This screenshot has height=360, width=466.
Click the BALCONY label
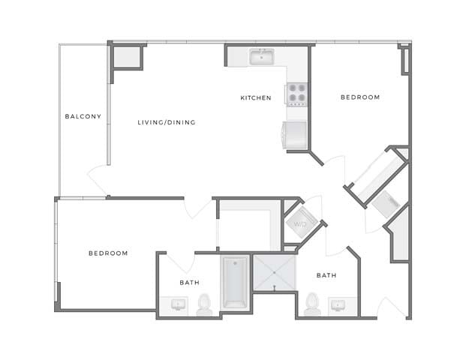tap(83, 116)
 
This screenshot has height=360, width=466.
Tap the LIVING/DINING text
tap(167, 121)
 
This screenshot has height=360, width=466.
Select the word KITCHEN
tap(255, 98)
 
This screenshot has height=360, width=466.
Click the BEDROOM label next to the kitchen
tap(360, 97)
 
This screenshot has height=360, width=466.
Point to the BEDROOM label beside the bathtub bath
tap(108, 253)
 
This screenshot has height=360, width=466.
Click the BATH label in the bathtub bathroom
tap(189, 283)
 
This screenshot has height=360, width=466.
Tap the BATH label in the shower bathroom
tap(326, 275)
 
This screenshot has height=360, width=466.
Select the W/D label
tap(300, 223)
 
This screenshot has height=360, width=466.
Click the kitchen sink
tap(262, 56)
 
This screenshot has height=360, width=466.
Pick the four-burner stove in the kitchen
tap(296, 94)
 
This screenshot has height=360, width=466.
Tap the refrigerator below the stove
tap(294, 135)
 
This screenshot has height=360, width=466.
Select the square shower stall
tap(275, 272)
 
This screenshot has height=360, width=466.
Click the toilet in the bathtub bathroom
tap(204, 304)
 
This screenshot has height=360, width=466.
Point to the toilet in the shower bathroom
tap(313, 304)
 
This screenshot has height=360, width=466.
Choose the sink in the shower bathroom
tap(338, 304)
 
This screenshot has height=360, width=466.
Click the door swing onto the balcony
tap(99, 180)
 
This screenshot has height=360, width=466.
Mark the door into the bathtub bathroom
tap(179, 262)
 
